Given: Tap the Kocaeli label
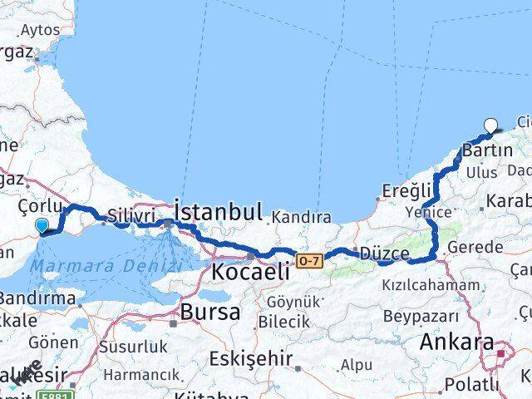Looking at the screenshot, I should tap(250, 271).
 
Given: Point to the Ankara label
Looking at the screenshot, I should tap(456, 342).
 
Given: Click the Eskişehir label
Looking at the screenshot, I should tap(250, 359).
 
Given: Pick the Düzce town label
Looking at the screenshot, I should tap(383, 252).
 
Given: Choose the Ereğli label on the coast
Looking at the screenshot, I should tap(407, 190).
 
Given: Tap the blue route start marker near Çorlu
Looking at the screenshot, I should tap(42, 224).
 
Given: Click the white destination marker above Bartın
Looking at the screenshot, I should tap(491, 126).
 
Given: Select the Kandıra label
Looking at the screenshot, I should tap(299, 218).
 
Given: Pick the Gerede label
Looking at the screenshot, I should tap(475, 247).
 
